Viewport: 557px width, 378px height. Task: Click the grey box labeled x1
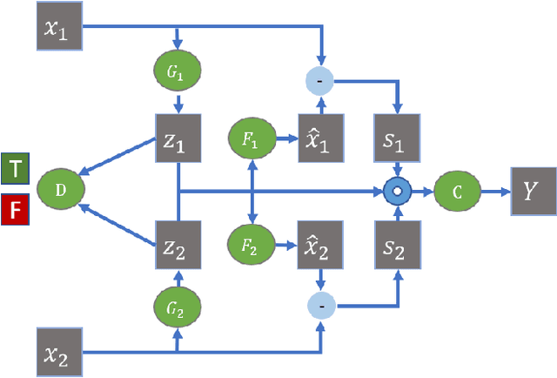pos(58,25)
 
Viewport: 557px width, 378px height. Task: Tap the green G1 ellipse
pos(178,71)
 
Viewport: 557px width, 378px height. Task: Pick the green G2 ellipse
pos(178,307)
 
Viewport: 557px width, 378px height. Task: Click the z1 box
pos(178,137)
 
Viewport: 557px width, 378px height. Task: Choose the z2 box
pos(178,241)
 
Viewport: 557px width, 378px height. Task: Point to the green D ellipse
pos(58,188)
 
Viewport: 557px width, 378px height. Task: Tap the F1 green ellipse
pos(252,138)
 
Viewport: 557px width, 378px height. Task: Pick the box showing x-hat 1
pos(322,138)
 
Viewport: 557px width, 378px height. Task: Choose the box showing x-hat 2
pos(322,241)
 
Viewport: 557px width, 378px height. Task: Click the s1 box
pos(399,138)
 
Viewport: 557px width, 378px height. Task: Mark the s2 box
pos(399,241)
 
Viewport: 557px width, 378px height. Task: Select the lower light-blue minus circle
pos(322,304)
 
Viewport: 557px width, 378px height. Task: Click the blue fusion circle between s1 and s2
pos(399,189)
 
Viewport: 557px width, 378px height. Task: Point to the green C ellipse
pos(456,189)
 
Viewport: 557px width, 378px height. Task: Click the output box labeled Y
pos(532,189)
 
